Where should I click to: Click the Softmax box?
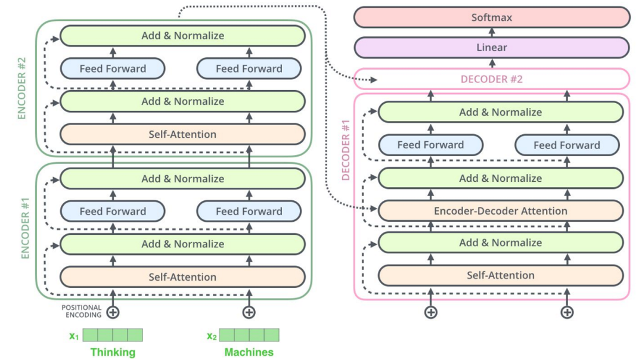(x=492, y=17)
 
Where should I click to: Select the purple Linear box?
(x=492, y=48)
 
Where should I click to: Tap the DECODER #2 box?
(x=492, y=79)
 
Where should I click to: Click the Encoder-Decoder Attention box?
(x=501, y=210)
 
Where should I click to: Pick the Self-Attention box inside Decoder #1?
(x=501, y=275)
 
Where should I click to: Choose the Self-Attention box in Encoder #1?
(x=182, y=277)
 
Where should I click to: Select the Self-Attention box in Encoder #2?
(x=182, y=134)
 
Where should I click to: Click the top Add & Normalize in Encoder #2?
(x=182, y=36)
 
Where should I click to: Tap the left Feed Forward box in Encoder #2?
(x=113, y=69)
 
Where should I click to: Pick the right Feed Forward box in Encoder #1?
(x=249, y=211)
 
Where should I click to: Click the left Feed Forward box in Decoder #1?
(x=430, y=145)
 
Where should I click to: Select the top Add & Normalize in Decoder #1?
(x=501, y=112)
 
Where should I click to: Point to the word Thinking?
(x=113, y=352)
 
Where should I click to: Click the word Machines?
(x=249, y=352)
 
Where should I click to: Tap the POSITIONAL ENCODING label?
(x=81, y=311)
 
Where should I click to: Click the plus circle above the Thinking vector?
(x=113, y=312)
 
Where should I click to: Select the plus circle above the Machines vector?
(x=249, y=312)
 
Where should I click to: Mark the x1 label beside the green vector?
(x=74, y=336)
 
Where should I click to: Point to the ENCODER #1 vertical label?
(x=25, y=230)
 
